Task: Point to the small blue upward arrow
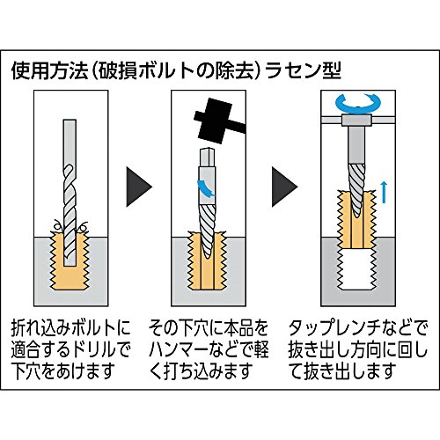click(x=384, y=192)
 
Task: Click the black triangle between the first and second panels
click(x=139, y=187)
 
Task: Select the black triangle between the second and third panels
click(x=284, y=187)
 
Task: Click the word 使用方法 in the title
click(x=50, y=71)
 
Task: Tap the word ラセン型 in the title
click(x=303, y=71)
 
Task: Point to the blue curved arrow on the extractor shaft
click(x=206, y=188)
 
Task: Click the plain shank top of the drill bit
click(x=70, y=142)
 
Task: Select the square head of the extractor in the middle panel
click(x=207, y=158)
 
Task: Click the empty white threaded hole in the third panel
click(x=356, y=270)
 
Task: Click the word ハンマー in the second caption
click(x=179, y=349)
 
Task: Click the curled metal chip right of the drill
click(x=83, y=226)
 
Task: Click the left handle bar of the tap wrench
click(x=332, y=120)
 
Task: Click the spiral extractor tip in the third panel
click(x=357, y=190)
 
